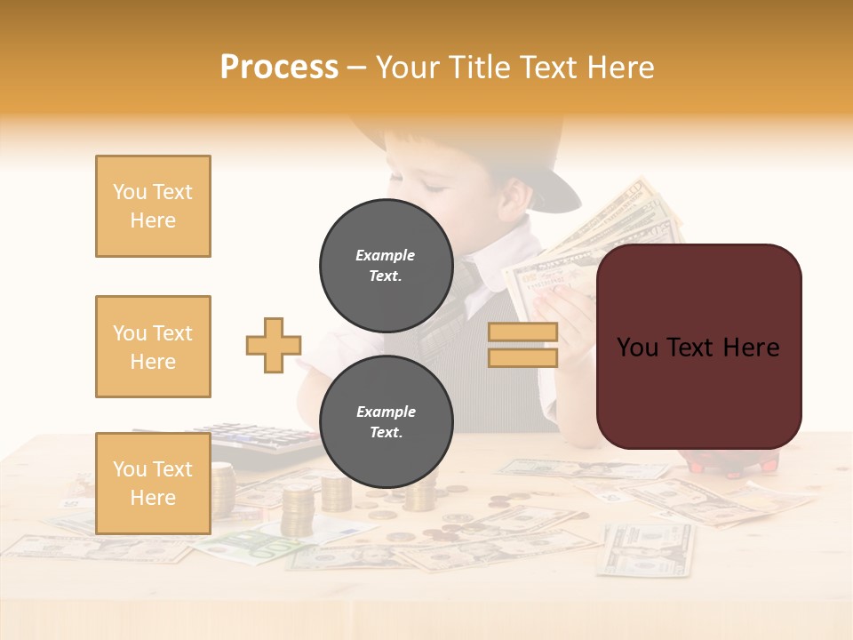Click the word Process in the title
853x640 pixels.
tap(279, 68)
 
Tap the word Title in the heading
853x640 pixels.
tap(477, 68)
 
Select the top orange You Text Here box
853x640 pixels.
tap(153, 206)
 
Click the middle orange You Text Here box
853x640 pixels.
tap(153, 347)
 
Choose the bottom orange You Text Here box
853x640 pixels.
tap(153, 484)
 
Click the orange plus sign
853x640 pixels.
tap(274, 345)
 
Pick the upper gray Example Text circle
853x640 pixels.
tap(386, 266)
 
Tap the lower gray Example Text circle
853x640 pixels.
tap(386, 422)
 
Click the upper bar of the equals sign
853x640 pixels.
tap(522, 332)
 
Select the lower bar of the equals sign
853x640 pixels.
tap(522, 357)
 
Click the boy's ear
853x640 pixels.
tap(512, 199)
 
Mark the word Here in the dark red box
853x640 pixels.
tap(751, 348)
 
